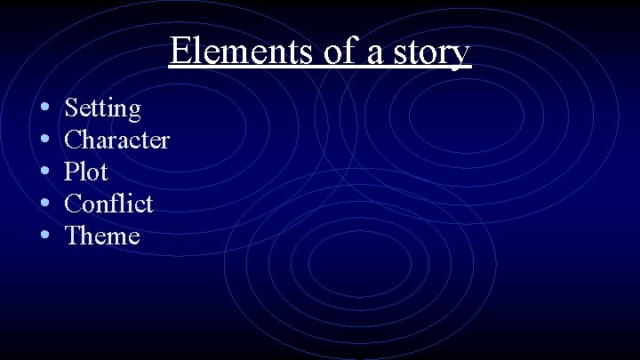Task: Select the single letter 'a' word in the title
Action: (374, 53)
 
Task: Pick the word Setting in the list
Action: (103, 109)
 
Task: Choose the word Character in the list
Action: (117, 140)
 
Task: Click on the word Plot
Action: (86, 172)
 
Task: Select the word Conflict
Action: (109, 204)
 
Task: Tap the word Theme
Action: (103, 236)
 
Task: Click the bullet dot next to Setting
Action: (44, 108)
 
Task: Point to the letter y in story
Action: (460, 56)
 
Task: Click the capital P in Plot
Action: (72, 172)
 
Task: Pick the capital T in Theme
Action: (74, 236)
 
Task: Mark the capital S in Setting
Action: (72, 108)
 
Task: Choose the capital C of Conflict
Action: (75, 204)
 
